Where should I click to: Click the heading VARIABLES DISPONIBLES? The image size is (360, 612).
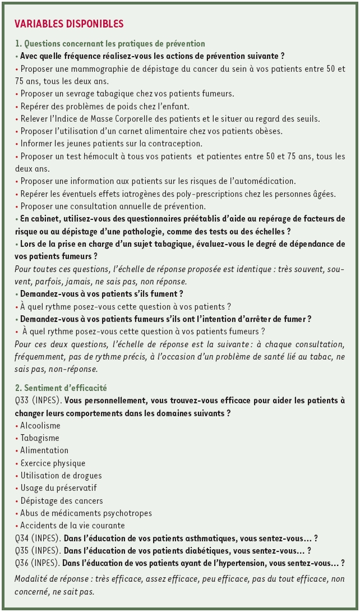pos(69,24)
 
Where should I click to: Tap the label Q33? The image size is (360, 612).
pos(23,401)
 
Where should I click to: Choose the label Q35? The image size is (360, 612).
pos(23,551)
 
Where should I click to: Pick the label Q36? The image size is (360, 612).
pos(23,563)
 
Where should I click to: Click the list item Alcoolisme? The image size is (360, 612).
pos(40,425)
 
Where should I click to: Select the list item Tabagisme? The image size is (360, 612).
pos(39,438)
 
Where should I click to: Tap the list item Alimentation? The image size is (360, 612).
pos(44,450)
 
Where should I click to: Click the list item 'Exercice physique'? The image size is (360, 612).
pos(53,463)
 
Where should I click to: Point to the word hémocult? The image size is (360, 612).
pos(112,157)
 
